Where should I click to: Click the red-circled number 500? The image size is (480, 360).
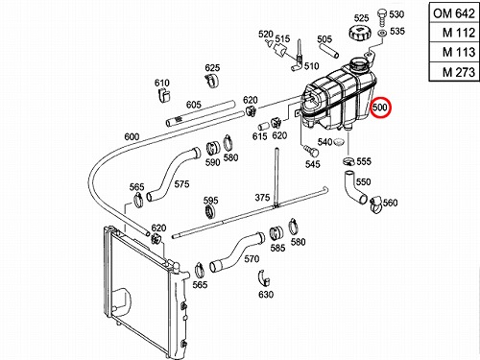(380, 107)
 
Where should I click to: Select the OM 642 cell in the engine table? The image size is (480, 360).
(454, 13)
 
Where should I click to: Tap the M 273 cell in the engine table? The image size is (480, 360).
(454, 72)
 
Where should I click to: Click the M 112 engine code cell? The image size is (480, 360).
(454, 33)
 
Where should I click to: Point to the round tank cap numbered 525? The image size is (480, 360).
(360, 33)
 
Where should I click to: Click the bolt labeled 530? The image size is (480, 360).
(382, 17)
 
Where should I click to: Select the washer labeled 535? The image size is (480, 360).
(382, 33)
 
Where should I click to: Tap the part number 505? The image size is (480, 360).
(324, 39)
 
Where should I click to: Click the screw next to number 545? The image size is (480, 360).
(310, 150)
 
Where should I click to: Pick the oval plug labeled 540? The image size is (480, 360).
(339, 141)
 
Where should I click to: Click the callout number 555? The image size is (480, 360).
(364, 161)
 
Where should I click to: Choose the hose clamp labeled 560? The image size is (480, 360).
(376, 205)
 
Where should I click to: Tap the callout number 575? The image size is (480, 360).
(181, 184)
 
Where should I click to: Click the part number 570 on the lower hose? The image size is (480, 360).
(252, 258)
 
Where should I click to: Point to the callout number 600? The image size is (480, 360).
(132, 136)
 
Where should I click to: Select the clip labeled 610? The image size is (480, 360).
(164, 95)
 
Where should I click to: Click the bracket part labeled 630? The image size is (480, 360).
(264, 277)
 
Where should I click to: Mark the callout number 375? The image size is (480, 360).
(262, 198)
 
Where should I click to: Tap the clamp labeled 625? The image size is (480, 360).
(211, 80)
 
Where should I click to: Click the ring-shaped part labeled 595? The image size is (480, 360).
(209, 212)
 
